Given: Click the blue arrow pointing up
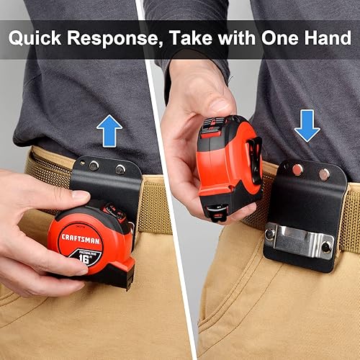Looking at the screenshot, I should (109, 132).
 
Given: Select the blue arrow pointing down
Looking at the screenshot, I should (307, 126).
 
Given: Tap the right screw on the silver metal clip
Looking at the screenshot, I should (326, 246).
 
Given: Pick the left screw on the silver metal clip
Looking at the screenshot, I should (269, 233).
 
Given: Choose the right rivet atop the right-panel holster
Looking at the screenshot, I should (325, 174).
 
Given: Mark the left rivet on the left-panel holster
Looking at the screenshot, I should (94, 166).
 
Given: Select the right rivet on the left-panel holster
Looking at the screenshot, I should (120, 170).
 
